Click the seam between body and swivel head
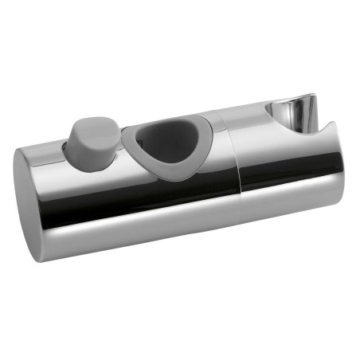click(239, 167)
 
